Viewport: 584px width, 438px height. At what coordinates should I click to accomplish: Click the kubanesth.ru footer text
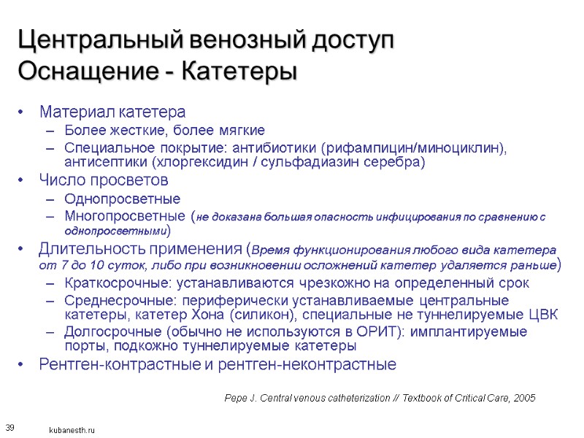coord(72,431)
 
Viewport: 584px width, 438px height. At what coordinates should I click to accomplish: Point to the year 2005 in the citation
coord(524,398)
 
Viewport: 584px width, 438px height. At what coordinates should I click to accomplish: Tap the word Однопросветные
coord(122,199)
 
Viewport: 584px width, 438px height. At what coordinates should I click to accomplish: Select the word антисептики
coord(107,162)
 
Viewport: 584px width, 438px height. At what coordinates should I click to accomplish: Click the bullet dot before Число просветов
coord(23,180)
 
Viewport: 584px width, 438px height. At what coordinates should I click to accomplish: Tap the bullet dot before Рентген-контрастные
coord(23,364)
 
